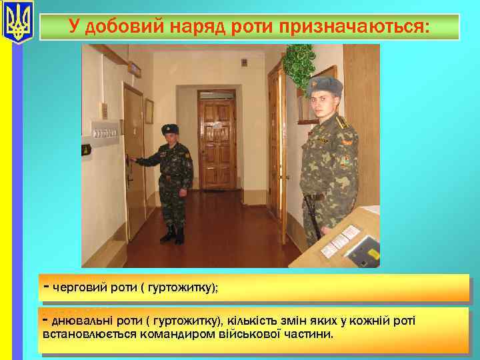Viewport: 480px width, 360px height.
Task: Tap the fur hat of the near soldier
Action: pyautogui.click(x=324, y=87)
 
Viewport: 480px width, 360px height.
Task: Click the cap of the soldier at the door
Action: pyautogui.click(x=170, y=128)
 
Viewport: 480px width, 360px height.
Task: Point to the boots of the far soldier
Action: pyautogui.click(x=173, y=235)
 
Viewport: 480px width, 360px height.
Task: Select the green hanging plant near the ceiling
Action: pyautogui.click(x=298, y=63)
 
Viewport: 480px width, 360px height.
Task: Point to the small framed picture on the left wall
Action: pyautogui.click(x=149, y=111)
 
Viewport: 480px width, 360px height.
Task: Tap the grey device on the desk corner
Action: pyautogui.click(x=363, y=250)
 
